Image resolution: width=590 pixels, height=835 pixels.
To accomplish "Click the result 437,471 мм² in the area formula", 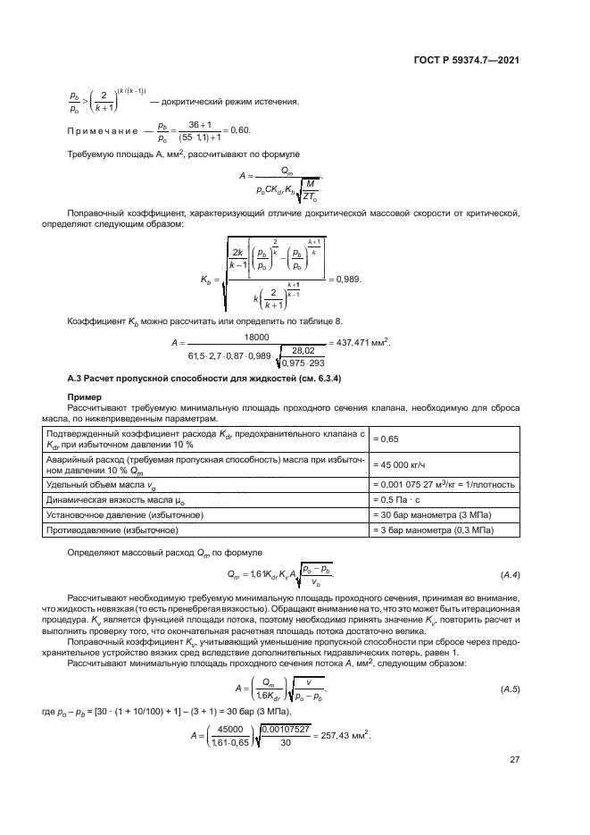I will [x=363, y=344].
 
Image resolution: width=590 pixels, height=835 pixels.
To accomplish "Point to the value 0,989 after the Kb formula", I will [x=347, y=280].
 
